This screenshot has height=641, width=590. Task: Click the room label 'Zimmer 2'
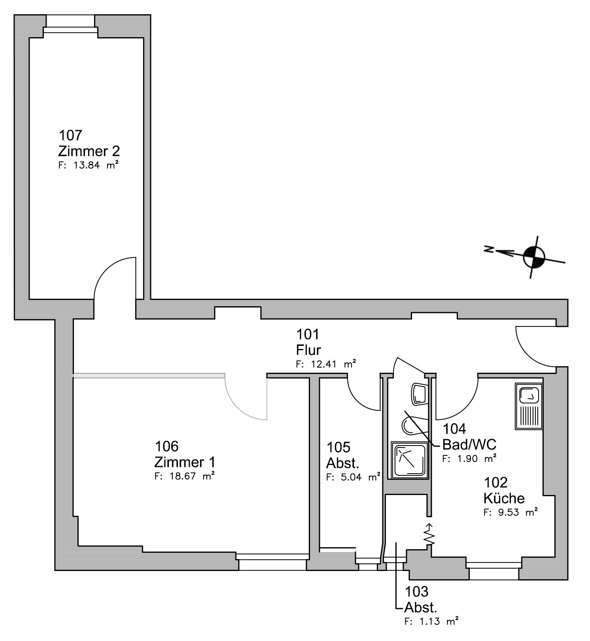pyautogui.click(x=89, y=151)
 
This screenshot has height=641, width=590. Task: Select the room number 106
pyautogui.click(x=166, y=446)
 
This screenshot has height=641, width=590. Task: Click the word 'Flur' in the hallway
pyautogui.click(x=308, y=350)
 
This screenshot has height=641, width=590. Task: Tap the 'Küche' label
pyautogui.click(x=504, y=498)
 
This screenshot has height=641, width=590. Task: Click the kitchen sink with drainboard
pyautogui.click(x=529, y=406)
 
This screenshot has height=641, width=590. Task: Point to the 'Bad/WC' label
pyautogui.click(x=469, y=444)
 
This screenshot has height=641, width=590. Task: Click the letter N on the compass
pyautogui.click(x=489, y=249)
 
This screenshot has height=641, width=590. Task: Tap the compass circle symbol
pyautogui.click(x=534, y=257)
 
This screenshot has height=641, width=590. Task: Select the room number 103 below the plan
pyautogui.click(x=416, y=592)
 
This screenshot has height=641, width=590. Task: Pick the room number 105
pyautogui.click(x=338, y=447)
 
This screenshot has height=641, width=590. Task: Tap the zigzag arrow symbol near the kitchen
pyautogui.click(x=429, y=535)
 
